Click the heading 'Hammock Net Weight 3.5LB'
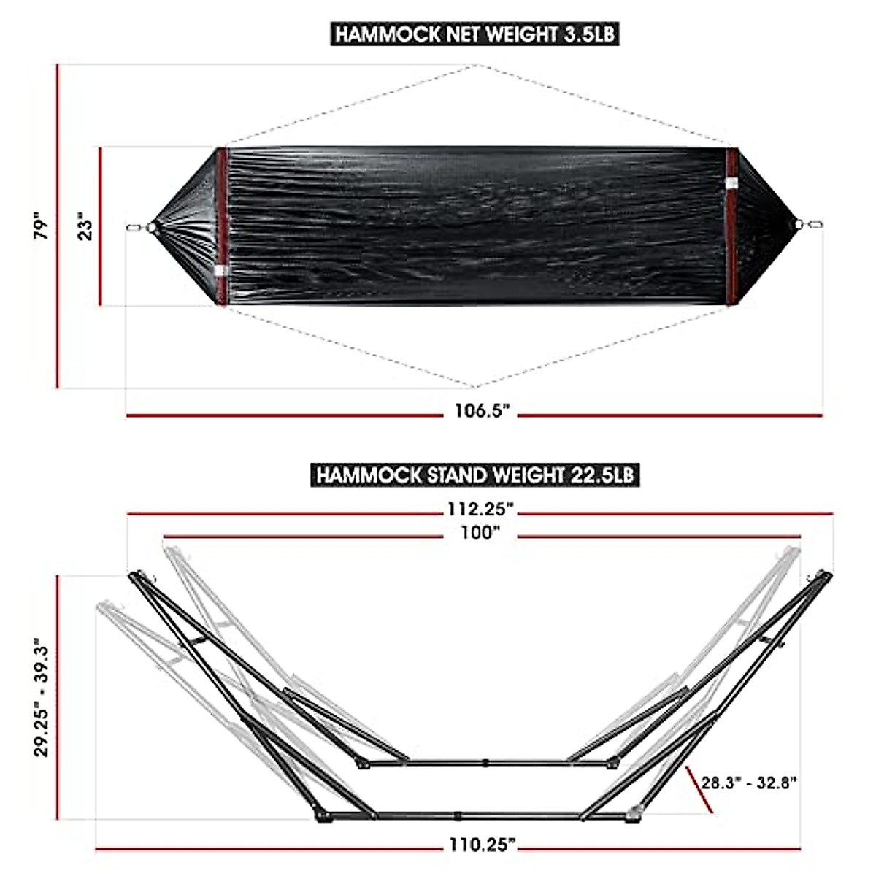[x=475, y=34]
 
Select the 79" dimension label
[x=43, y=227]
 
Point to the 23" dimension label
[x=86, y=227]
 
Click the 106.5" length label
[x=481, y=411]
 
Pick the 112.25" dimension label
[x=481, y=509]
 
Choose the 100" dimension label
[x=480, y=533]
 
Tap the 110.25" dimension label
[x=482, y=845]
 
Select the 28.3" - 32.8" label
[x=749, y=783]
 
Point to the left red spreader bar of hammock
[x=221, y=226]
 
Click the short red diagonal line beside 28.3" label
[x=699, y=789]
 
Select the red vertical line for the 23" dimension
[x=100, y=227]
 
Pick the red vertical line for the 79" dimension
[x=58, y=226]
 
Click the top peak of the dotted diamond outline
[x=475, y=65]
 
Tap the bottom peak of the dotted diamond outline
[x=475, y=386]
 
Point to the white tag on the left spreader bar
[x=221, y=272]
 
